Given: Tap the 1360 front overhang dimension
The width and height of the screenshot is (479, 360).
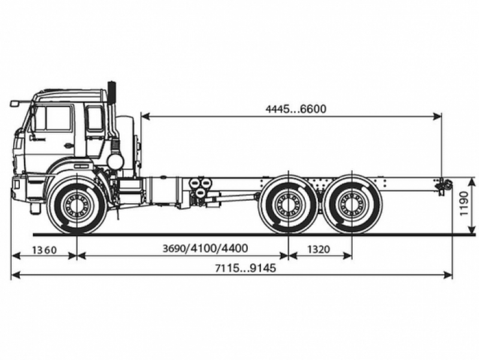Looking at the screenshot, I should pyautogui.click(x=44, y=249).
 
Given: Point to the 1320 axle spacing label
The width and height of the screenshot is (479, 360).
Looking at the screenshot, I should pyautogui.click(x=319, y=249).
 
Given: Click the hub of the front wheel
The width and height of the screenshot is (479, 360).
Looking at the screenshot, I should pyautogui.click(x=77, y=205).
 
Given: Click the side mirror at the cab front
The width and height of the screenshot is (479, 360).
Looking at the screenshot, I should pyautogui.click(x=16, y=104).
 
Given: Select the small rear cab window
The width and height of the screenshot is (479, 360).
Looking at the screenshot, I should pyautogui.click(x=94, y=119).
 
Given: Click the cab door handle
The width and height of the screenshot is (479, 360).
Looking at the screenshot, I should pyautogui.click(x=68, y=146).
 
